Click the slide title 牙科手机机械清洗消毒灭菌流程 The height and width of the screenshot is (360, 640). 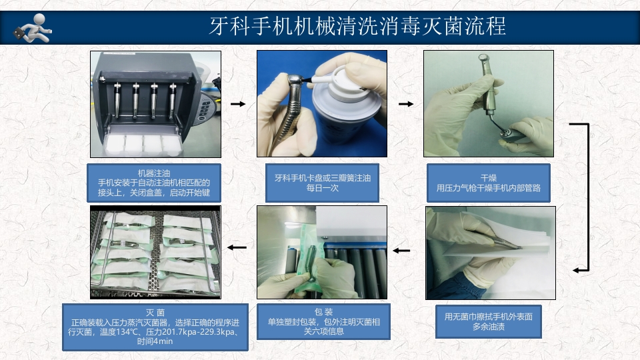357,26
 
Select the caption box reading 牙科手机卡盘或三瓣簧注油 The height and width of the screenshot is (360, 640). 322,183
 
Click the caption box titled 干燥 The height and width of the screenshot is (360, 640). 489,183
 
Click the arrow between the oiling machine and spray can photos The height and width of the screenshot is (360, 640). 237,104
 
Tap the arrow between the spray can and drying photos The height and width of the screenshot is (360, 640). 405,104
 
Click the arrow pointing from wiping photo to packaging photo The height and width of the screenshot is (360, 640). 401,251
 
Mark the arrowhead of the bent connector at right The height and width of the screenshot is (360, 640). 577,270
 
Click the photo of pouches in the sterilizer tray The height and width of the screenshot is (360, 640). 155,251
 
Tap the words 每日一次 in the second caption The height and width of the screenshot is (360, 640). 322,189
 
